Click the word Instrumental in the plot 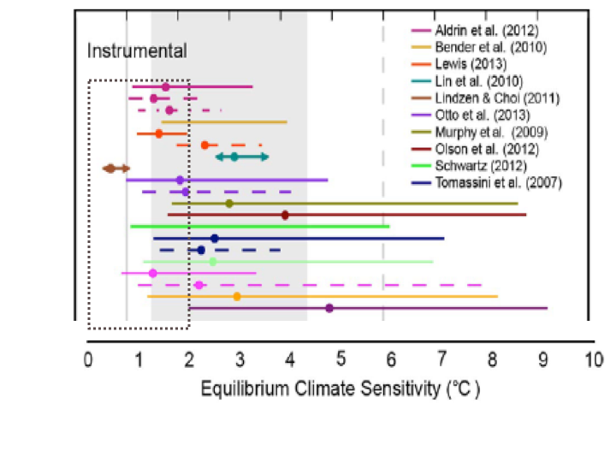pos(137,51)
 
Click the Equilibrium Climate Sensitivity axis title pos(341,389)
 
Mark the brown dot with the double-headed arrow pos(110,169)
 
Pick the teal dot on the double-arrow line pos(234,157)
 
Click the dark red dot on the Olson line pos(285,215)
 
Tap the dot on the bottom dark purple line pos(329,308)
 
